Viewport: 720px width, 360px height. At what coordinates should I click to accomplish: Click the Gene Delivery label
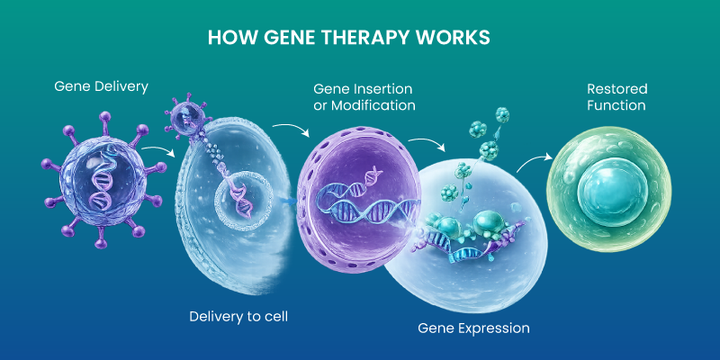tap(101, 86)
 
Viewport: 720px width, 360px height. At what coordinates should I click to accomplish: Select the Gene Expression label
tap(473, 328)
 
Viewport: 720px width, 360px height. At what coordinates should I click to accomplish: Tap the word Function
tap(616, 105)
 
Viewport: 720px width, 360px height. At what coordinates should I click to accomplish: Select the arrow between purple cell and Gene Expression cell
tap(422, 144)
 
